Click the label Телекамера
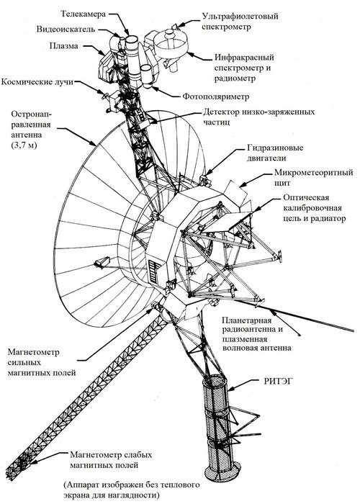[x=84, y=14]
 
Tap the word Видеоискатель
[x=66, y=30]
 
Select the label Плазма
[x=63, y=46]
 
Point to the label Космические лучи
[x=37, y=81]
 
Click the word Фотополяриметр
[x=216, y=96]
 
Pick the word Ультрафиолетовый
[x=240, y=16]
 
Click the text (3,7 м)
[x=24, y=145]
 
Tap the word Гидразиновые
[x=275, y=148]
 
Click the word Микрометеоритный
[x=313, y=173]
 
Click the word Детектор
[x=221, y=112]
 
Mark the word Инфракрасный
[x=244, y=58]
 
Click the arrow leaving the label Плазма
[x=94, y=49]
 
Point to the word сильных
[x=24, y=362]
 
